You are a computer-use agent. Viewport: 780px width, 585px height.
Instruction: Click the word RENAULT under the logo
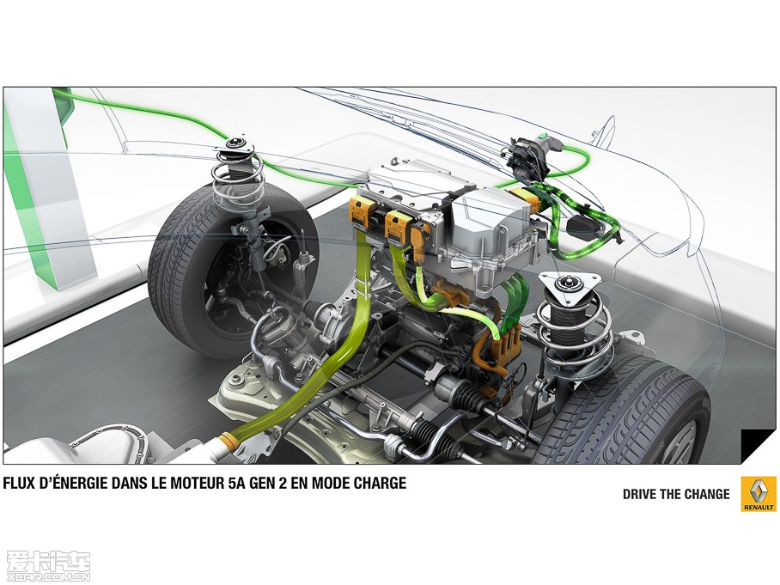[759, 507]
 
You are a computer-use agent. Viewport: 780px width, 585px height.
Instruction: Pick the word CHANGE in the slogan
[707, 494]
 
